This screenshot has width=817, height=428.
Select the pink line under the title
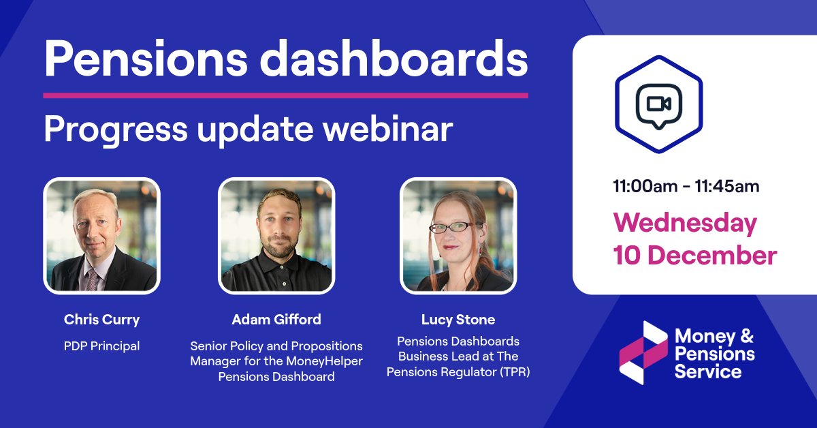285,95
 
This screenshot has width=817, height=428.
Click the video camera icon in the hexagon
658,104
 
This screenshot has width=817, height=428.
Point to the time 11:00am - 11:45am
686,186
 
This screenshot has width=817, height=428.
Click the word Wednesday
685,223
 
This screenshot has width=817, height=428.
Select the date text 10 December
694,255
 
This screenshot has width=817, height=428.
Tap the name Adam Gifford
276,319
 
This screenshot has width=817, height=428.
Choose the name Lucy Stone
458,319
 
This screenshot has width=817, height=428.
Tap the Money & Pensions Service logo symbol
643,352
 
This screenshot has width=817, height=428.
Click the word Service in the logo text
707,372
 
